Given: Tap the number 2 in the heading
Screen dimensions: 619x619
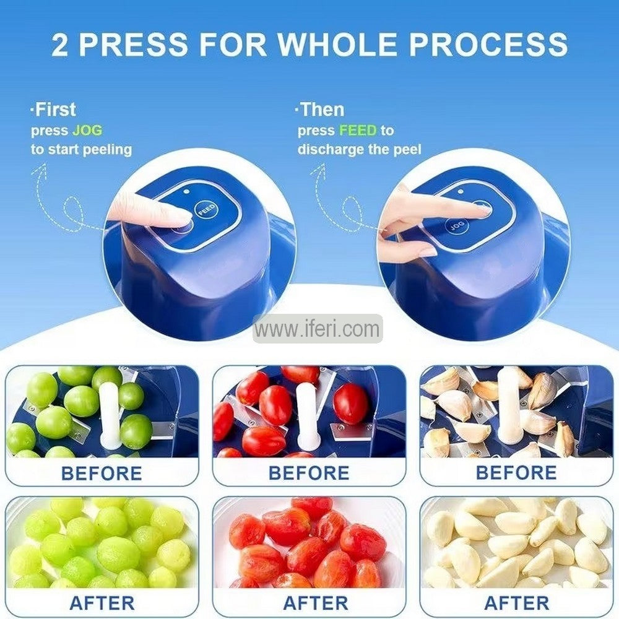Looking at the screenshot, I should coord(60,45).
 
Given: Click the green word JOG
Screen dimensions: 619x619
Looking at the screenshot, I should coord(87,131).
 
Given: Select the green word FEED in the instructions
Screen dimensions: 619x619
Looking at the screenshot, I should coord(358,131).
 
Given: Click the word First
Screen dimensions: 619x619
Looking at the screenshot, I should coord(54,110).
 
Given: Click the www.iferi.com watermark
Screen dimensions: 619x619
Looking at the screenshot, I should coord(318,329).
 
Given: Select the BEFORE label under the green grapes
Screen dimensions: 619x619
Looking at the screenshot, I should coord(102,474).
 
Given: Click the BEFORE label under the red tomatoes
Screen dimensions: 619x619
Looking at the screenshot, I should coord(309,474).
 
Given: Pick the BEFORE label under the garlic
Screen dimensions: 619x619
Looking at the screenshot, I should coord(516,474).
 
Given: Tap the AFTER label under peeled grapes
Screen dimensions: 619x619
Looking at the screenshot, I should coord(102,602).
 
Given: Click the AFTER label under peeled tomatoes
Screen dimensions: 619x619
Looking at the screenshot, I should coord(309,602).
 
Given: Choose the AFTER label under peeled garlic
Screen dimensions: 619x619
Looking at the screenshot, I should coord(516,602).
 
